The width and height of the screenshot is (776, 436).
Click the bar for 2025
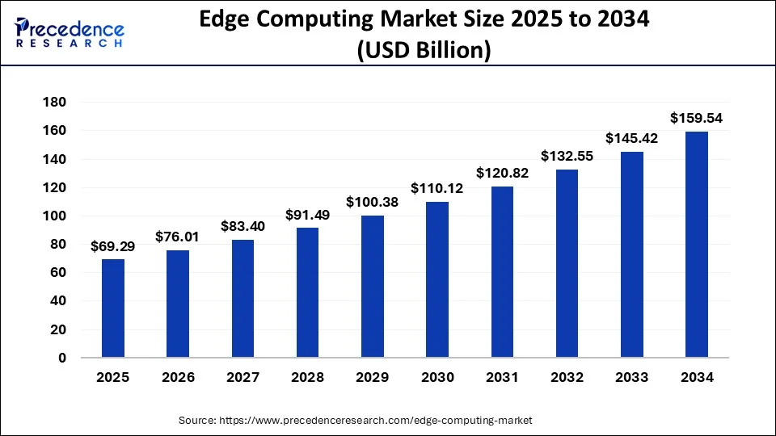pyautogui.click(x=113, y=308)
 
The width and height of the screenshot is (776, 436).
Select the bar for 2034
pyautogui.click(x=696, y=244)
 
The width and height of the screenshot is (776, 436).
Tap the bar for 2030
pyautogui.click(x=437, y=279)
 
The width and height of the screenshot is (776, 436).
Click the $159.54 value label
pyautogui.click(x=696, y=119)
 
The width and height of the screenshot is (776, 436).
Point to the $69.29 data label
pyautogui.click(x=113, y=246)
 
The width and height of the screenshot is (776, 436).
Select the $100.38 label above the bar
pyautogui.click(x=372, y=203)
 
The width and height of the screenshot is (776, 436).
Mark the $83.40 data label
pyautogui.click(x=242, y=226)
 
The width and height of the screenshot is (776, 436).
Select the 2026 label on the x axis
pyautogui.click(x=178, y=378)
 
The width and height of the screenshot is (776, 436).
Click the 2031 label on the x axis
pyautogui.click(x=502, y=378)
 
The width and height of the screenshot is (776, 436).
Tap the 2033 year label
pyautogui.click(x=631, y=378)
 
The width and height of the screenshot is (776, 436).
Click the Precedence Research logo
pyautogui.click(x=69, y=33)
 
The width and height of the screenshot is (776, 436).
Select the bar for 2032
pyautogui.click(x=567, y=263)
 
